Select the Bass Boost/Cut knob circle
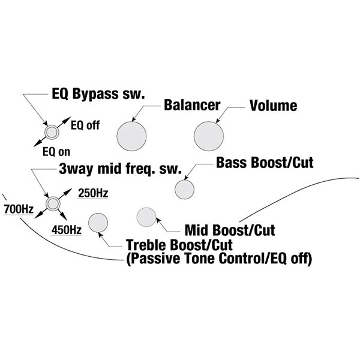[x=184, y=188]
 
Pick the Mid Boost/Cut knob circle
[x=146, y=217]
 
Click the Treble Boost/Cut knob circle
[x=98, y=223]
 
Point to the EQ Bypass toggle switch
[x=52, y=131]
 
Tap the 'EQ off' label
[x=85, y=125]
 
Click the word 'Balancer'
[x=192, y=106]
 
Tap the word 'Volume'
[x=273, y=106]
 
